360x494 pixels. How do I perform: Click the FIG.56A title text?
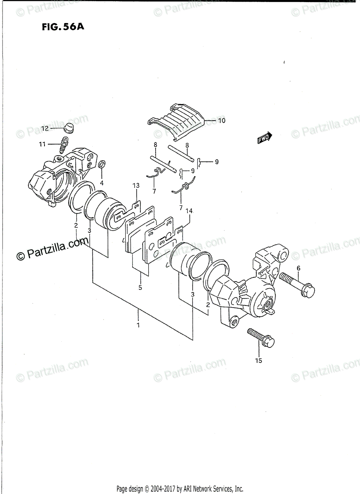click(61, 28)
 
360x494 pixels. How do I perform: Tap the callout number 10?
click(221, 121)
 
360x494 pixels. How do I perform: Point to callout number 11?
click(42, 144)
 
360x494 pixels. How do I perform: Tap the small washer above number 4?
click(102, 165)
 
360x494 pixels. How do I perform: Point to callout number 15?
click(258, 361)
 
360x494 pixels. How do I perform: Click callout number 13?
click(136, 186)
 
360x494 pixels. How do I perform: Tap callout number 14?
click(189, 211)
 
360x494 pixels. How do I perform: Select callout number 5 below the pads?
click(140, 288)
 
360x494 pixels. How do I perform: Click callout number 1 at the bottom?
click(138, 325)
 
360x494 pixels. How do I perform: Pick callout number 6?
click(298, 268)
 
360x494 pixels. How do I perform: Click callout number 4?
click(101, 183)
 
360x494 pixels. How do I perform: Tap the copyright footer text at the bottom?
click(180, 489)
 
